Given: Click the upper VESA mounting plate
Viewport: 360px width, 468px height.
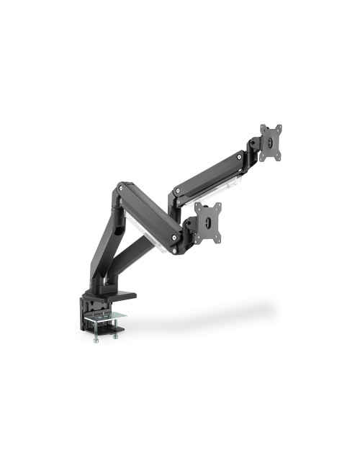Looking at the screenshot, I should (271, 142).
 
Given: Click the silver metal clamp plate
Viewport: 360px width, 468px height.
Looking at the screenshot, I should (107, 316).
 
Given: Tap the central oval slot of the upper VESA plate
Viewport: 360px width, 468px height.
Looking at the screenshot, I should (271, 143).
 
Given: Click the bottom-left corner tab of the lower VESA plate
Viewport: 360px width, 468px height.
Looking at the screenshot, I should (200, 234).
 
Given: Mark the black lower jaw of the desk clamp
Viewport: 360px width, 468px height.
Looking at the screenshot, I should (108, 330).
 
